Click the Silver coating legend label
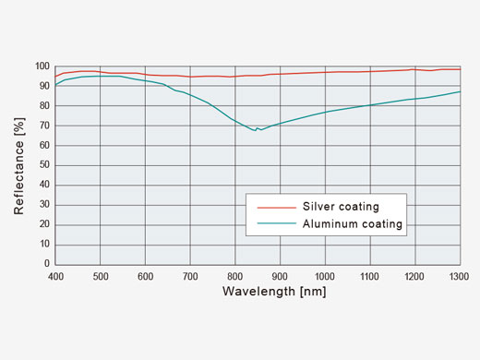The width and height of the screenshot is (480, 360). coord(341,206)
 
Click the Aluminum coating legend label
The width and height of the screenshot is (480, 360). coord(353,223)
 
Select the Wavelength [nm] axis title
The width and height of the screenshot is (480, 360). coord(273,292)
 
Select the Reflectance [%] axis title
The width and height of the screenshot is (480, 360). coord(18,165)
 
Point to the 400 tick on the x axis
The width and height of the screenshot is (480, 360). coord(55,275)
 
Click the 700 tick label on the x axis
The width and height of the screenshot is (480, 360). coord(190,275)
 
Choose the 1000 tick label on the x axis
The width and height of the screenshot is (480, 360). coord(325,275)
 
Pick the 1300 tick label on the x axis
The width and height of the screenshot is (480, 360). coord(459,275)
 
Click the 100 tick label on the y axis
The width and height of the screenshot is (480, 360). coord(42,66)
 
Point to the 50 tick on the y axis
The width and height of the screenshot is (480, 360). coord(44,165)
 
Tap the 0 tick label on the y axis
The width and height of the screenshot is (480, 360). coord(47,264)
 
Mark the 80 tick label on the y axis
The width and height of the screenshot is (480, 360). coord(44,106)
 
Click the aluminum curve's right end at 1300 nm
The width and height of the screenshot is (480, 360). coord(460,91)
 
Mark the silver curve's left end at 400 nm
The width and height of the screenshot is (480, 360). coord(56,76)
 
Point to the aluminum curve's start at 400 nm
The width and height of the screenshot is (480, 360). coord(56,85)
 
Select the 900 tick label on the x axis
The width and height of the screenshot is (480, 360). coord(280,275)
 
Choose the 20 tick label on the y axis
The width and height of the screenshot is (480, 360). coord(44,224)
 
